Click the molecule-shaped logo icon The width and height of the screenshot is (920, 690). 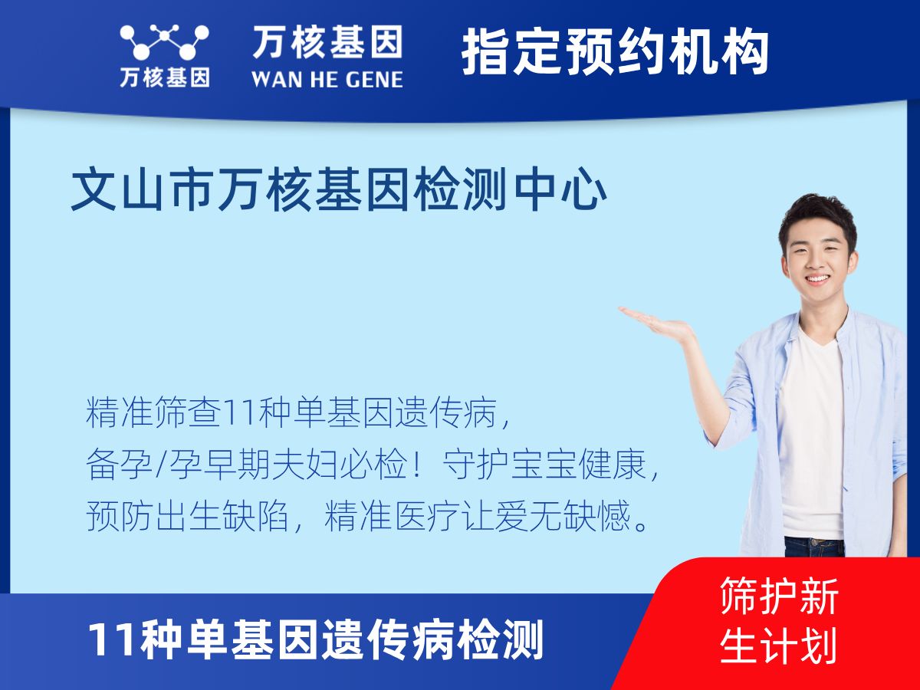click(x=164, y=42)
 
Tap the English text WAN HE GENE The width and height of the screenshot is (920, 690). click(x=327, y=80)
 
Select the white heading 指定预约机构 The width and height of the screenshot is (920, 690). click(x=615, y=52)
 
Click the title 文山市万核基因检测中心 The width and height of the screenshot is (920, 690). click(x=339, y=189)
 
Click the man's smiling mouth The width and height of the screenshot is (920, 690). click(x=818, y=278)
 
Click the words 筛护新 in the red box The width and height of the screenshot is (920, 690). click(x=779, y=596)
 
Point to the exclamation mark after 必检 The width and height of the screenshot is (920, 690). click(x=416, y=465)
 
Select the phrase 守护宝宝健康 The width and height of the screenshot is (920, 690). click(x=544, y=465)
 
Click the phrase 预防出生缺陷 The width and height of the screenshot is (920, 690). click(x=187, y=516)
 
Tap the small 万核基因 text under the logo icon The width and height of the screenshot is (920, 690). click(x=165, y=77)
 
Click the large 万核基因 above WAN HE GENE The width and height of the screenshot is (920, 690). click(x=328, y=41)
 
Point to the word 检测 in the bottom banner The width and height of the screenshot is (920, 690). click(x=500, y=640)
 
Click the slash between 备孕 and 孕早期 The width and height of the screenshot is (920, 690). click(x=161, y=465)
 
